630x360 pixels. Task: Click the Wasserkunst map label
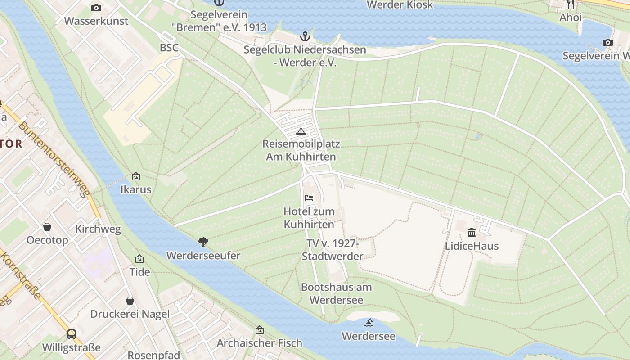(96, 21)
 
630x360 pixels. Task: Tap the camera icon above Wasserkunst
(96, 8)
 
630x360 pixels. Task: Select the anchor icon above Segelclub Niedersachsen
(305, 36)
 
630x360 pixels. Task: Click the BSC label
(169, 48)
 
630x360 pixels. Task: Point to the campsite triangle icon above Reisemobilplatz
(301, 131)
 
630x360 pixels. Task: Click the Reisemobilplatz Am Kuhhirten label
(301, 150)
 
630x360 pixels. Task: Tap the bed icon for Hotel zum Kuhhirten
(309, 198)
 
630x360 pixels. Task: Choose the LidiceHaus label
(472, 246)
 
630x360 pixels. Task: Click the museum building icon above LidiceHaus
(472, 232)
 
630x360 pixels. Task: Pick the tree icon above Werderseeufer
(203, 242)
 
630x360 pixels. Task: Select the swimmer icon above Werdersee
(369, 323)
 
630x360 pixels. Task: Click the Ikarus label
(136, 189)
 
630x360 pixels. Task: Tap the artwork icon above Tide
(139, 259)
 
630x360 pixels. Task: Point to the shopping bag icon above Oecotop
(47, 227)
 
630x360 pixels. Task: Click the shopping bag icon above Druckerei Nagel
(130, 300)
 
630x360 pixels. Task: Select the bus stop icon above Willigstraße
(72, 334)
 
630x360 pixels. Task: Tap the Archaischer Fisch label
(260, 343)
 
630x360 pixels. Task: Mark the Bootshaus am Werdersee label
(337, 293)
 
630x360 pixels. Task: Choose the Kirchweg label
(98, 229)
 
